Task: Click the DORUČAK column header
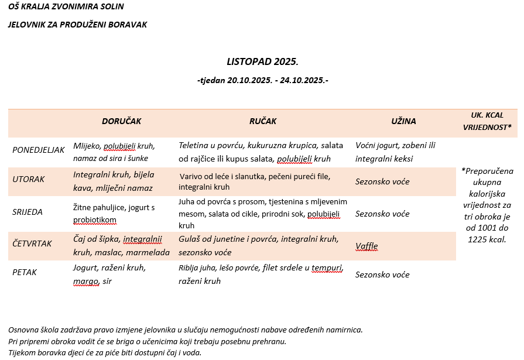pyautogui.click(x=121, y=121)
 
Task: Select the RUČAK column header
pyautogui.click(x=263, y=121)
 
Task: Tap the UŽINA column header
pyautogui.click(x=403, y=121)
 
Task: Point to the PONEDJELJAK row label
pyautogui.click(x=38, y=150)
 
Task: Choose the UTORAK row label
pyautogui.click(x=29, y=180)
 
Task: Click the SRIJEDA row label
pyautogui.click(x=28, y=212)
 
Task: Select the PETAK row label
pyautogui.click(x=25, y=273)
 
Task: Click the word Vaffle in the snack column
pyautogui.click(x=367, y=246)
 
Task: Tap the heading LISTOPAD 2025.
pyautogui.click(x=262, y=61)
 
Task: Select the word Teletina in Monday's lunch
pyautogui.click(x=194, y=145)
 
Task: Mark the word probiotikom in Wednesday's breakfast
pyautogui.click(x=95, y=220)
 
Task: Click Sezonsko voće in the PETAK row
pyautogui.click(x=382, y=275)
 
